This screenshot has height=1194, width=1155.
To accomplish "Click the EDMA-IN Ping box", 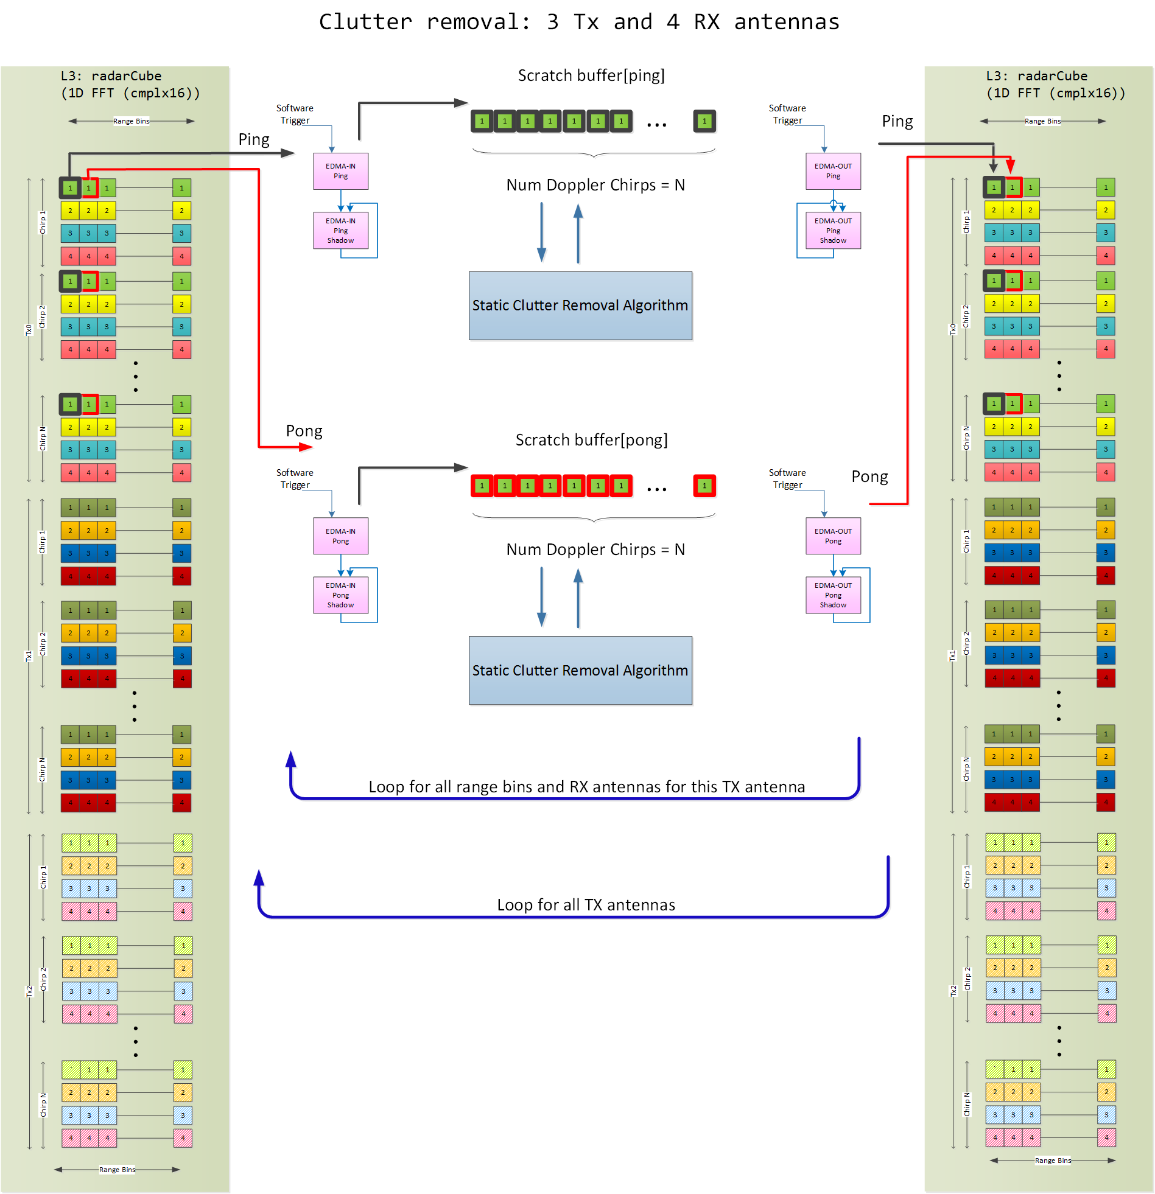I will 340,171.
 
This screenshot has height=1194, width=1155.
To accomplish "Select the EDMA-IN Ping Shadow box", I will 340,230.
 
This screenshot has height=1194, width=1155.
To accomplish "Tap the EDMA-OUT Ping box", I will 832,171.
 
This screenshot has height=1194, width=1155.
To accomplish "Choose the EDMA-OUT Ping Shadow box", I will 832,230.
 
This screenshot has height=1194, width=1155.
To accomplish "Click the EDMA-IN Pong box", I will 340,536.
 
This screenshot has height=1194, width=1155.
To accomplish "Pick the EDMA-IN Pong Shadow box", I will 340,595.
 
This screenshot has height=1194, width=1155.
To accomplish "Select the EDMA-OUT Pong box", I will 832,536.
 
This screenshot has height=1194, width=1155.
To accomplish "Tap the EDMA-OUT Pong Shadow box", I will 832,595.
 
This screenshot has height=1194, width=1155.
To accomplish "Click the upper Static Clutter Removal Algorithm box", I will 580,305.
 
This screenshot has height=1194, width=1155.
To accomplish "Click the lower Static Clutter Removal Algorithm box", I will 580,670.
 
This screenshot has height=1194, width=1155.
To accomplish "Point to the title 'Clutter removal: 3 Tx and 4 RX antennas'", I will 579,22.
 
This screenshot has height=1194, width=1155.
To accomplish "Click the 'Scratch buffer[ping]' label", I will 591,75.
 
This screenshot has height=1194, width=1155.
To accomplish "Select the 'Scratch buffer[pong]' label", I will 591,440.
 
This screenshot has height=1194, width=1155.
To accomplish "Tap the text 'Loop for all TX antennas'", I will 586,905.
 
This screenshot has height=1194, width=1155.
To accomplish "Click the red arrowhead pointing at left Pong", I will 307,447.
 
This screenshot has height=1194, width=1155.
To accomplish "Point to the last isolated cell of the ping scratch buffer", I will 704,121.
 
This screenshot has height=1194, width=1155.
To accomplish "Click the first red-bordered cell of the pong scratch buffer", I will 482,486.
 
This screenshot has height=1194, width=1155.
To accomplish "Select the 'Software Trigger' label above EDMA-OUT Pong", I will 787,479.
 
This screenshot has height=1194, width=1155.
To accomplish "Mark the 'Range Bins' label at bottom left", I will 117,1170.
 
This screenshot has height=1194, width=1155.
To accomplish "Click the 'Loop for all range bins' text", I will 586,786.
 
